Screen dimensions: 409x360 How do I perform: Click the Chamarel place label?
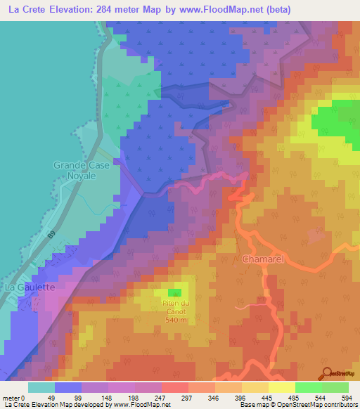pyautogui.click(x=262, y=259)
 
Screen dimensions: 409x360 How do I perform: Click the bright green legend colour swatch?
pyautogui.click(x=309, y=387)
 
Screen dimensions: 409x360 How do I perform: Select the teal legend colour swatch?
pyautogui.click(x=41, y=387)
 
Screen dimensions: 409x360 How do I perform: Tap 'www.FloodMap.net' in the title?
pyautogui.click(x=214, y=10)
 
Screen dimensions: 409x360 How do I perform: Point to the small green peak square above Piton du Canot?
pyautogui.click(x=174, y=292)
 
